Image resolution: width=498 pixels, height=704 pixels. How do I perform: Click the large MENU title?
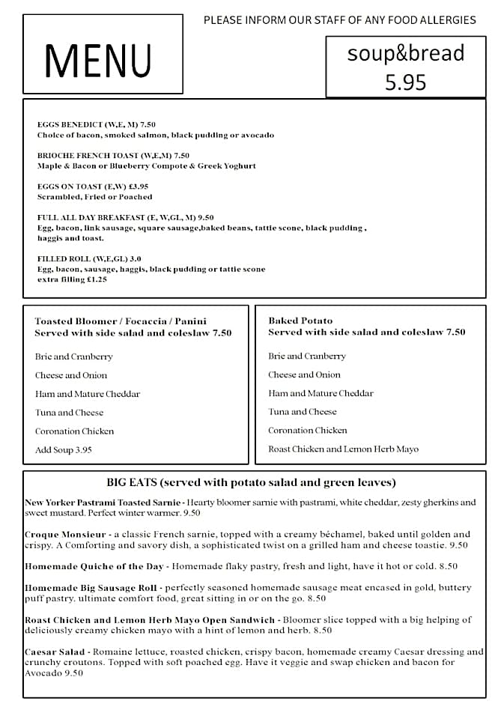(x=98, y=61)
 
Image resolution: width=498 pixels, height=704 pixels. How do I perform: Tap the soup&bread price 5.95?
(x=405, y=82)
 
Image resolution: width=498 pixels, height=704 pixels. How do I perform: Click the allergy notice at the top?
(x=339, y=20)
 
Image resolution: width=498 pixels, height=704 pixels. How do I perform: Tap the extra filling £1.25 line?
(x=72, y=279)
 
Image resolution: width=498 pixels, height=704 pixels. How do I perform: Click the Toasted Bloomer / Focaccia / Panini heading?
(x=121, y=321)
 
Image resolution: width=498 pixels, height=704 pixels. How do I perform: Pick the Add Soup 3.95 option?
(x=64, y=450)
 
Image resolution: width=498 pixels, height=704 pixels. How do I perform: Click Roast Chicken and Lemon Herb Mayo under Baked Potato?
(x=343, y=449)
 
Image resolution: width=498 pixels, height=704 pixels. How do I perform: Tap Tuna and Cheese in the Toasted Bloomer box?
(x=69, y=412)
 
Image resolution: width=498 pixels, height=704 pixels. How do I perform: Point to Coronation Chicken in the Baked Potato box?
(x=308, y=430)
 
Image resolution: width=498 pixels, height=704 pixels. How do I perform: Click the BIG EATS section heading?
(x=251, y=482)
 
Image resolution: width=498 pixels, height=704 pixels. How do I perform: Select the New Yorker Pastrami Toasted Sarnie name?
(x=103, y=502)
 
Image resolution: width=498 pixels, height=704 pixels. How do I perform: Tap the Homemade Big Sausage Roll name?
(x=91, y=588)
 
